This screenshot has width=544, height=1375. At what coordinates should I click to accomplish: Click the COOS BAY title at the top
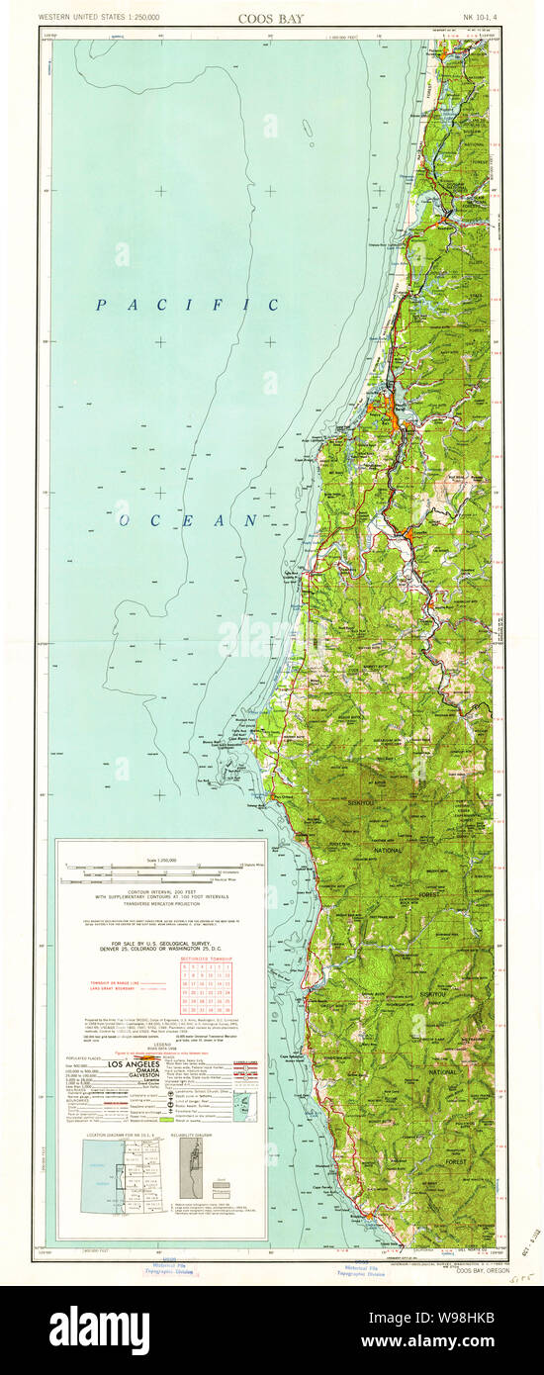click(270, 18)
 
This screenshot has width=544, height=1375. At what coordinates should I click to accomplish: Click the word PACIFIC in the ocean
click(187, 306)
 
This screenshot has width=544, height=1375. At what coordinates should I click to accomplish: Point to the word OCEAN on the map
click(189, 519)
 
